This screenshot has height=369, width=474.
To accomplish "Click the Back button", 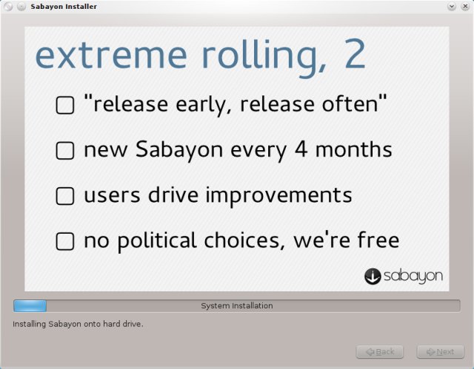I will (380, 351).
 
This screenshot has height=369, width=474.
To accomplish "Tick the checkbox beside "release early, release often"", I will (65, 106).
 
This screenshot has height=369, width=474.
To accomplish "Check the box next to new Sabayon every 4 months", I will (65, 151).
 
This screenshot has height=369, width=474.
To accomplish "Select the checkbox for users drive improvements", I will (65, 196).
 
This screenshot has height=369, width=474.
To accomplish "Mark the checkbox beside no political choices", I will (65, 241).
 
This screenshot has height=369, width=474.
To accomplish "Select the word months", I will (351, 150).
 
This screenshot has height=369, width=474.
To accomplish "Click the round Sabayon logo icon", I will (373, 276).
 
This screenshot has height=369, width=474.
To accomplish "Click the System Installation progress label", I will (237, 305).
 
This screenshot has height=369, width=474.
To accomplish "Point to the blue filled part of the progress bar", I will (30, 305).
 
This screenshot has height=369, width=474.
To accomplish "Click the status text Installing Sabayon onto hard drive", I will (78, 324).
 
